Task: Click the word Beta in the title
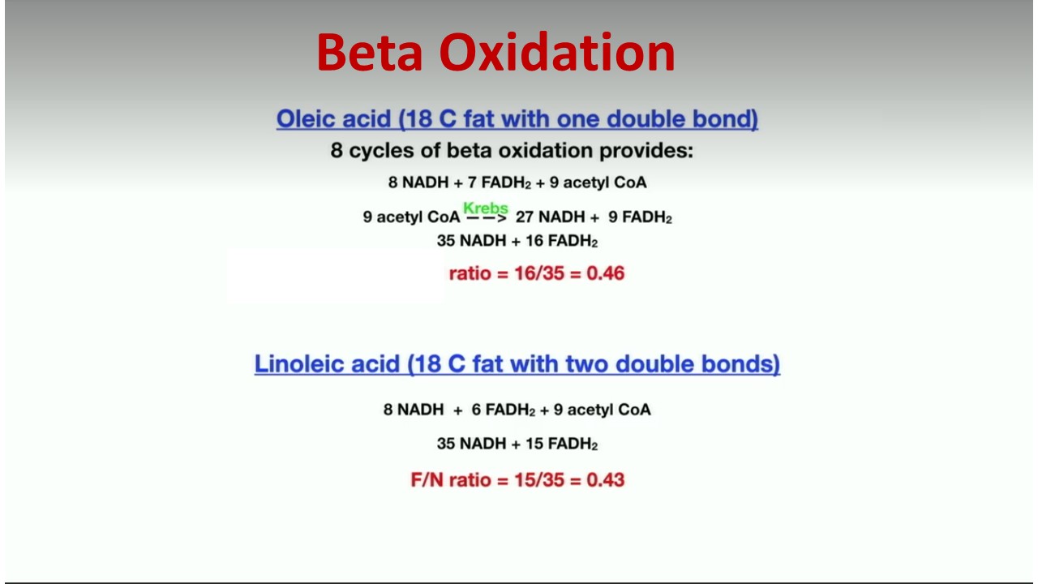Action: point(370,52)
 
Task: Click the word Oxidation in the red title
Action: point(557,52)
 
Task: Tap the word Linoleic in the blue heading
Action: point(327,364)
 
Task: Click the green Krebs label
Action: point(486,208)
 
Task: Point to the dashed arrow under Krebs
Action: point(486,218)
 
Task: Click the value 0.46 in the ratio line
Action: point(605,273)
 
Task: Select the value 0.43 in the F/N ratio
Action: point(605,479)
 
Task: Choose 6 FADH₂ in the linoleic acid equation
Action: point(504,410)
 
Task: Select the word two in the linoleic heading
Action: point(579,364)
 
